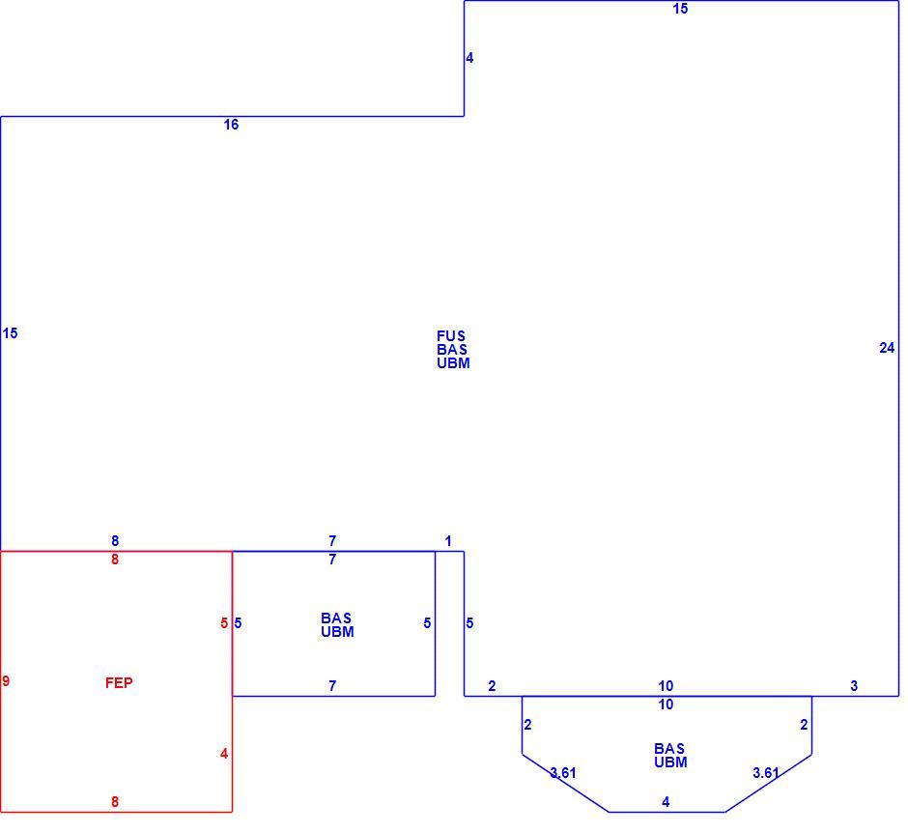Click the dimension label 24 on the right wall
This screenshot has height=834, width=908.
[x=887, y=348]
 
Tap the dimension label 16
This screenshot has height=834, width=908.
[x=231, y=125]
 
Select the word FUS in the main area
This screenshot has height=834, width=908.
[x=451, y=336]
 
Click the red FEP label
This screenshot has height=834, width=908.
[x=119, y=683]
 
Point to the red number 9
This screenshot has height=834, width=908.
[x=6, y=681]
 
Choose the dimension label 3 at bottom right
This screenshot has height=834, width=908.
[x=854, y=686]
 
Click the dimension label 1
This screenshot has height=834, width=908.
[x=447, y=541]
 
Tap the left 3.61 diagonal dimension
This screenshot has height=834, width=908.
[x=563, y=772]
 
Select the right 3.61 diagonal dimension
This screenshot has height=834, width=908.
[x=766, y=772]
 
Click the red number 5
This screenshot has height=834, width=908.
[x=224, y=623]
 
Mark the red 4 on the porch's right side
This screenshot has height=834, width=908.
[x=224, y=754]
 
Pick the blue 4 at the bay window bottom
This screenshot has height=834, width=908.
[x=666, y=801]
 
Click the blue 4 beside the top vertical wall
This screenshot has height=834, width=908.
[x=469, y=58]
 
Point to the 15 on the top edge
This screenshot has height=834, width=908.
[x=680, y=9]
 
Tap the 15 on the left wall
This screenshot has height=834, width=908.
[x=10, y=333]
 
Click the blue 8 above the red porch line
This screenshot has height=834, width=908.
[x=115, y=541]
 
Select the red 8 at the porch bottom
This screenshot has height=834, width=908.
[x=115, y=801]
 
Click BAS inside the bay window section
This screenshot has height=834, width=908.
[x=669, y=749]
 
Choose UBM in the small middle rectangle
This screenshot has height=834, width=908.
[x=338, y=632]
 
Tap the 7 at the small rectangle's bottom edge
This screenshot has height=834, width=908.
[x=332, y=686]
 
